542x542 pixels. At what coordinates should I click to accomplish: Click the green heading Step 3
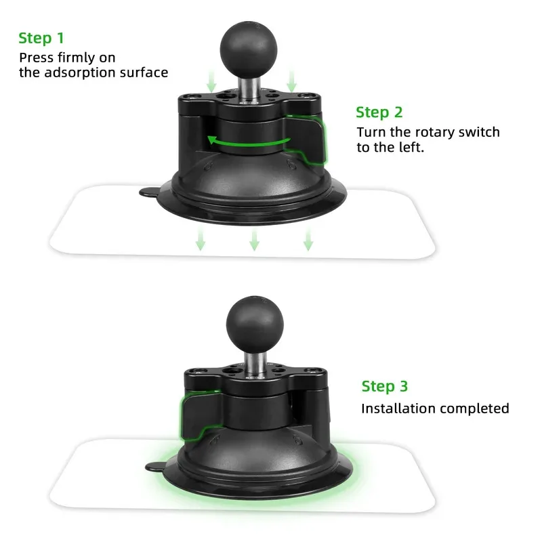(x=385, y=386)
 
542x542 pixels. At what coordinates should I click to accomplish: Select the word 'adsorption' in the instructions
(x=81, y=72)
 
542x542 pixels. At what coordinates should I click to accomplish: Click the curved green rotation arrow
(x=248, y=140)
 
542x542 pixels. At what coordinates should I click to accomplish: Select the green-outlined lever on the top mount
(x=306, y=139)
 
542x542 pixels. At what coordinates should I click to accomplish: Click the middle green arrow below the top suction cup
(x=254, y=239)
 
